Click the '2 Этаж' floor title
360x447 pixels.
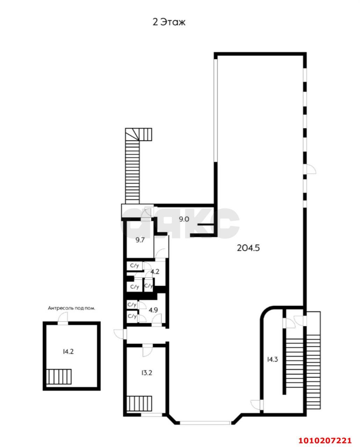(x=169, y=22)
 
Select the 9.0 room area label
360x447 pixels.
(x=184, y=219)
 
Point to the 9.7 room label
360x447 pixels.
(x=141, y=240)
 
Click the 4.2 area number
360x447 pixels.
(x=155, y=271)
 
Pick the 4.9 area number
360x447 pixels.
(x=153, y=310)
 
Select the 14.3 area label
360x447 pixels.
(x=272, y=359)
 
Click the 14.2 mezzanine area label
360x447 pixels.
(x=68, y=352)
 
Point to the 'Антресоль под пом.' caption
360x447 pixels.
(x=72, y=308)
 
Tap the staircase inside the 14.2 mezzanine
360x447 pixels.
(x=59, y=376)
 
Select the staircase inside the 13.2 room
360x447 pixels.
(x=139, y=404)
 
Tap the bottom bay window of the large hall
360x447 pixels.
(x=205, y=423)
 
